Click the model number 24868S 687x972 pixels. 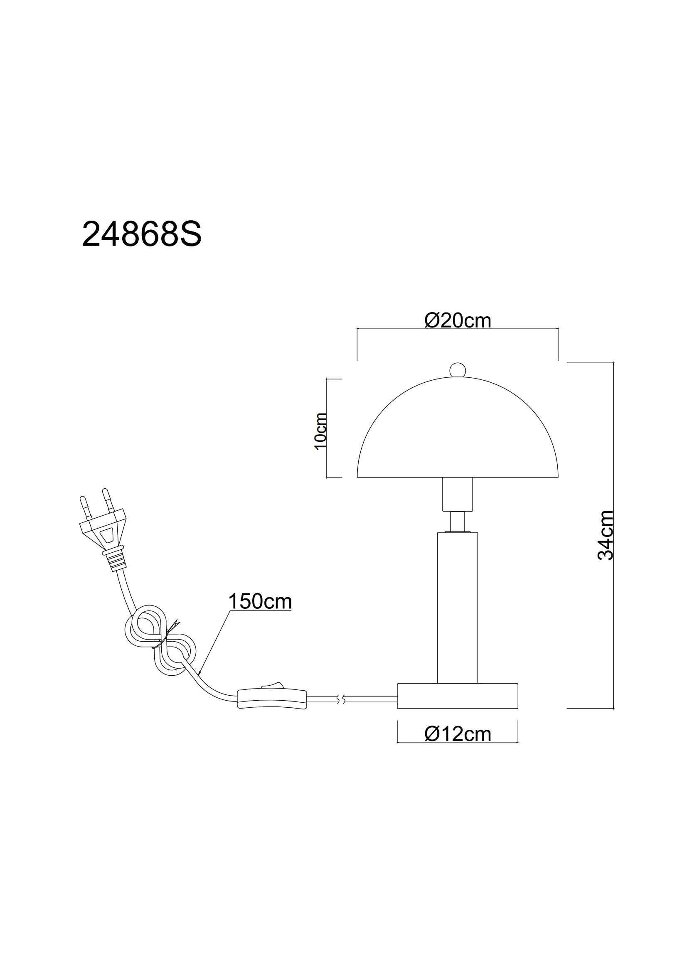[x=141, y=234]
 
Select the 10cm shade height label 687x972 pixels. [x=321, y=431]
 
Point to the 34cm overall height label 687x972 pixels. [x=605, y=536]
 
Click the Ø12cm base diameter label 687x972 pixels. [x=458, y=734]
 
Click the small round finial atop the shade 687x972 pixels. [x=457, y=369]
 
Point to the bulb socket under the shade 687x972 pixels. [x=457, y=494]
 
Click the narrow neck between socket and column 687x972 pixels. [x=457, y=521]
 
